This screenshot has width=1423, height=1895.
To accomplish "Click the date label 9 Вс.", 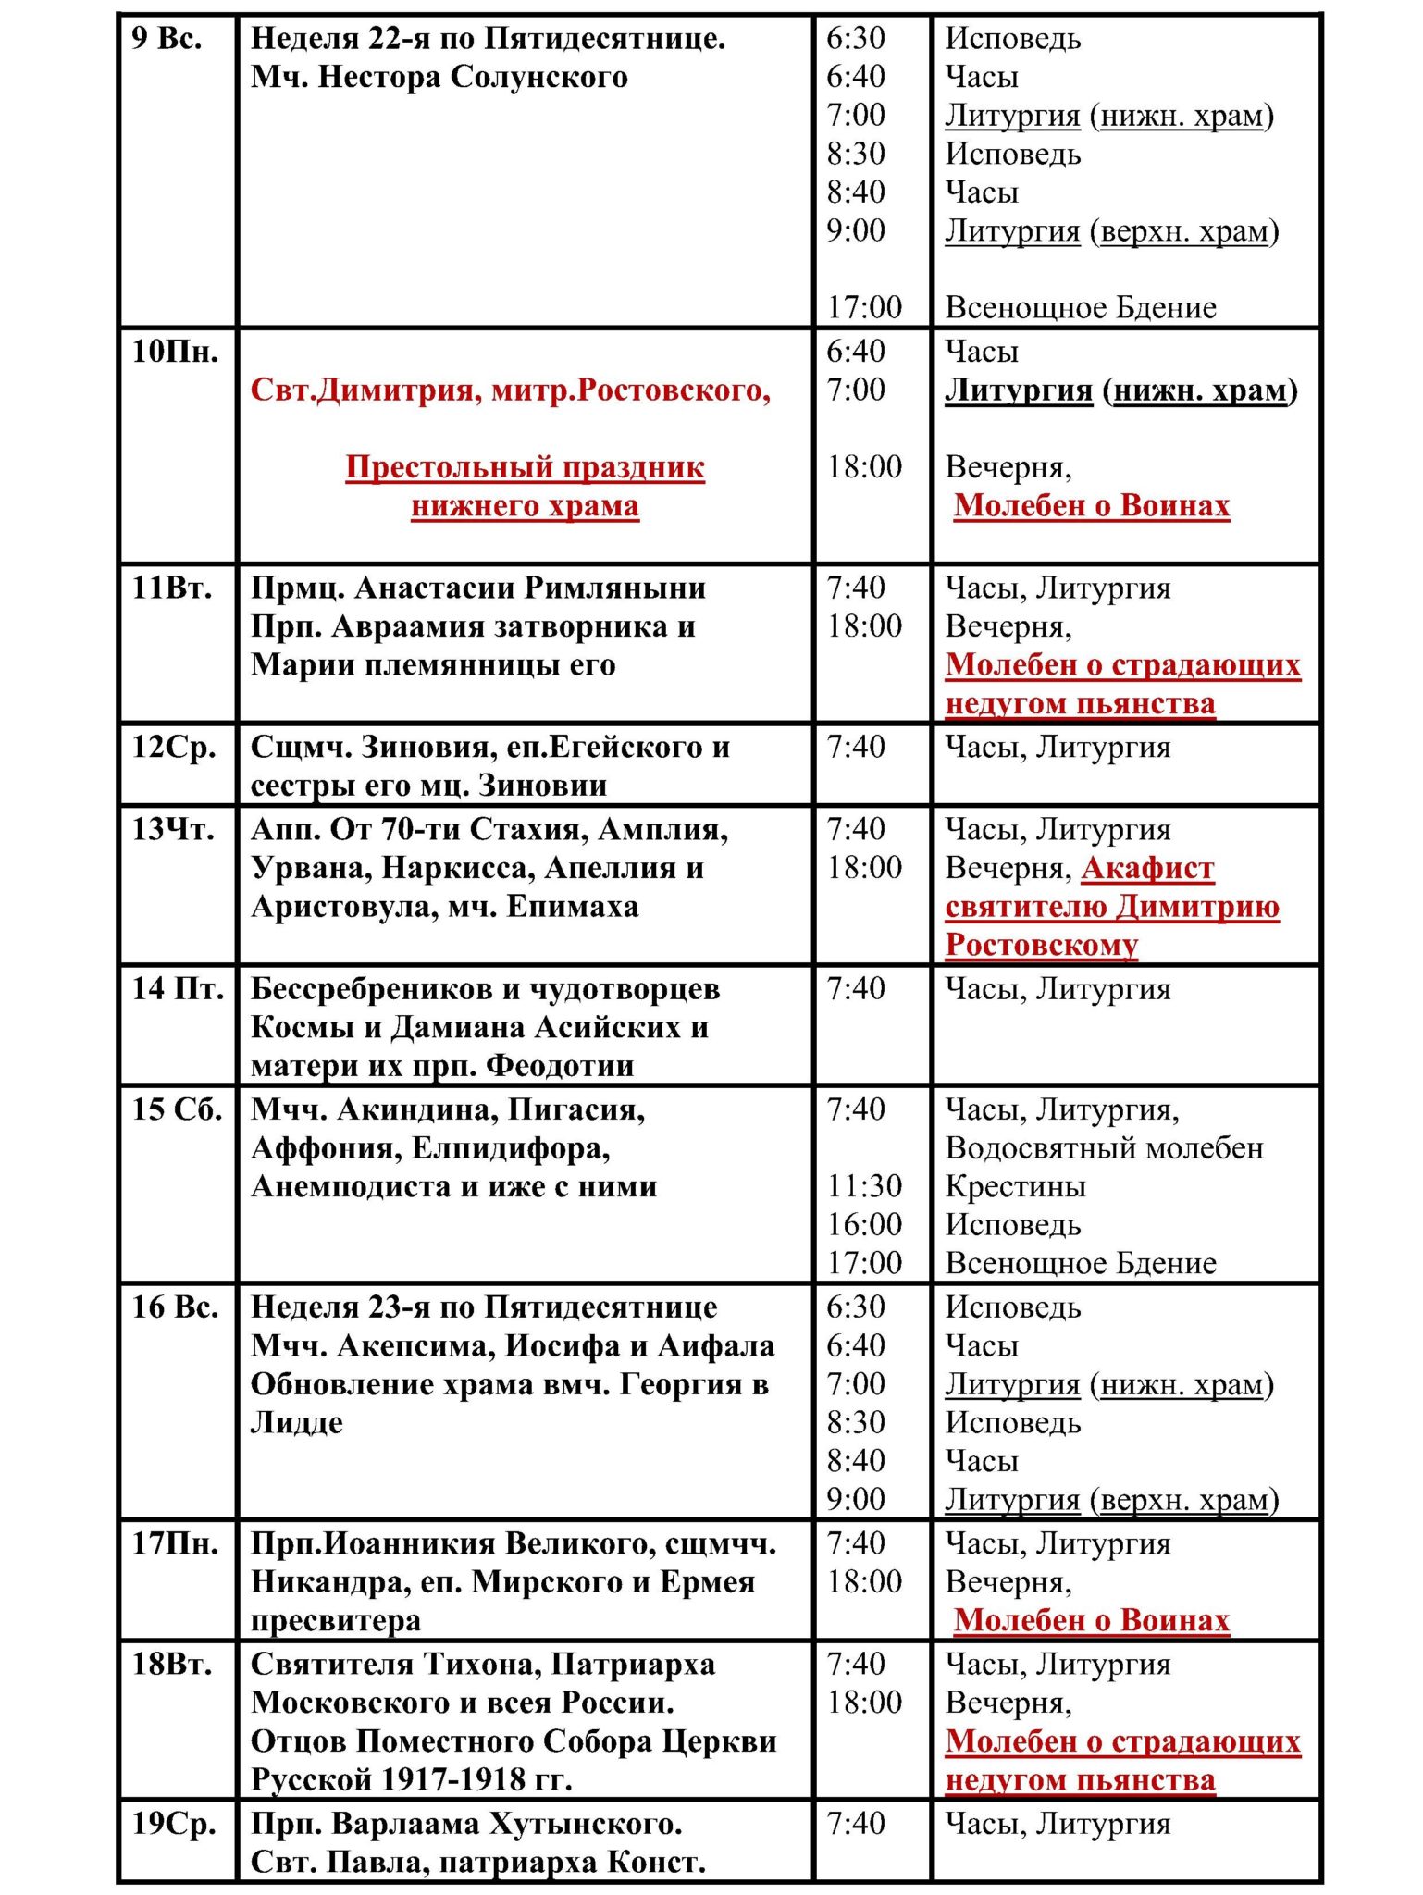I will [167, 39].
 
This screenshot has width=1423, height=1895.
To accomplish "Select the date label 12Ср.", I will [174, 747].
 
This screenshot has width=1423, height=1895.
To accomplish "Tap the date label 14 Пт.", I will [178, 989].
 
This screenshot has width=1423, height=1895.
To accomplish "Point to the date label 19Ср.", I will [174, 1824].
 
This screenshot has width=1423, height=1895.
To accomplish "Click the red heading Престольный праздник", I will [525, 467].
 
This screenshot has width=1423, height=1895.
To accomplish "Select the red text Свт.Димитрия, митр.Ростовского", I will [510, 390].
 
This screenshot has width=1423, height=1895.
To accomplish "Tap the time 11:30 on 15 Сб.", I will [864, 1186].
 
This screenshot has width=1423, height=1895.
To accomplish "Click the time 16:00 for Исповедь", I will [864, 1225].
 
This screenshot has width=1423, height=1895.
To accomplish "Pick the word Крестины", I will [1015, 1186].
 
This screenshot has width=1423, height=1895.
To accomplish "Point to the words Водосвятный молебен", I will [1104, 1148].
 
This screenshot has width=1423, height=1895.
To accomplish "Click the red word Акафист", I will [1147, 868].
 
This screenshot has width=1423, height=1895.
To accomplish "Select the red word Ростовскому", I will [1041, 945].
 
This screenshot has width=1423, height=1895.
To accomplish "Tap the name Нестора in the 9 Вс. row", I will [379, 77].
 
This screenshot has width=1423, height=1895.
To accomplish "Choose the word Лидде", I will [296, 1422].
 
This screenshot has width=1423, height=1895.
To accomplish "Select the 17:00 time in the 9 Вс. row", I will [864, 307].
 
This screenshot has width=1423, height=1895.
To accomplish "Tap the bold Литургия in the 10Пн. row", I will [1019, 390].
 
